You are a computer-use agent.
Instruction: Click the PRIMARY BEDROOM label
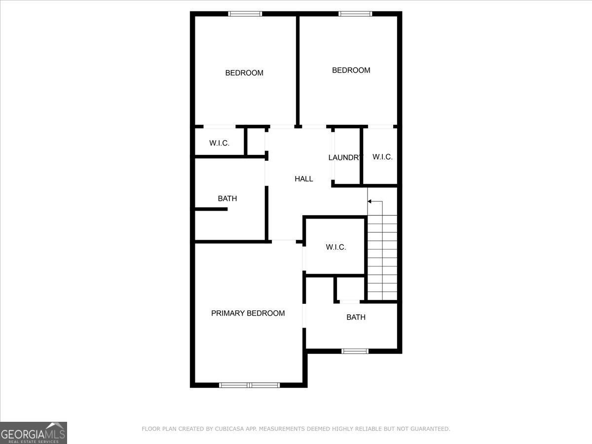248,313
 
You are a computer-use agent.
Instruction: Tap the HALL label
304,179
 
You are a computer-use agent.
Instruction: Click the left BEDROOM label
244,73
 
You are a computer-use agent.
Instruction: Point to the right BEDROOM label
351,71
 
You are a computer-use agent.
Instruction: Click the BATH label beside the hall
227,199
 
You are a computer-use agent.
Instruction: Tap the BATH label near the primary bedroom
356,317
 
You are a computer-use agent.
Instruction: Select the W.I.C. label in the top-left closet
219,144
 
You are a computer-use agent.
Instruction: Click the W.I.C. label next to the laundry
382,157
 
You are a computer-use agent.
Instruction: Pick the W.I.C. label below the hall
335,247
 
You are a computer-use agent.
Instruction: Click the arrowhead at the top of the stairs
370,201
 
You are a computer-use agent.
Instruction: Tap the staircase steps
382,257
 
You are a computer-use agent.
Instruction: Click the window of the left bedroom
245,14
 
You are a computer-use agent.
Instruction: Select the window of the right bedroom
355,14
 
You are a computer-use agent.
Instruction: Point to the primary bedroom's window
249,385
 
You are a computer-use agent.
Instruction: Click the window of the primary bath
355,351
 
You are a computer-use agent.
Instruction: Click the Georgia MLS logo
33,432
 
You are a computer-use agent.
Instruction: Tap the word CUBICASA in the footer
231,429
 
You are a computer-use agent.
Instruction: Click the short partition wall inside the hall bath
211,209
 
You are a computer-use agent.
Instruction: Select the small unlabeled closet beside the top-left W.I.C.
256,142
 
